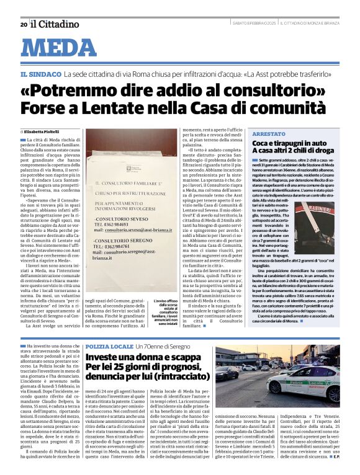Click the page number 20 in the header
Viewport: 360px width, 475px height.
tap(24, 25)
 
